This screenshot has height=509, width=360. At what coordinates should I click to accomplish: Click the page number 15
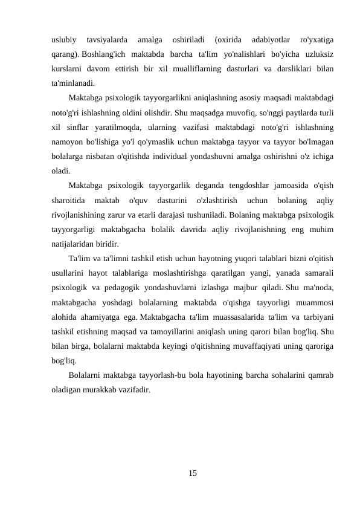(192, 472)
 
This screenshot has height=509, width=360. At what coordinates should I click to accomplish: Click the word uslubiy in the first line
(64, 41)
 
